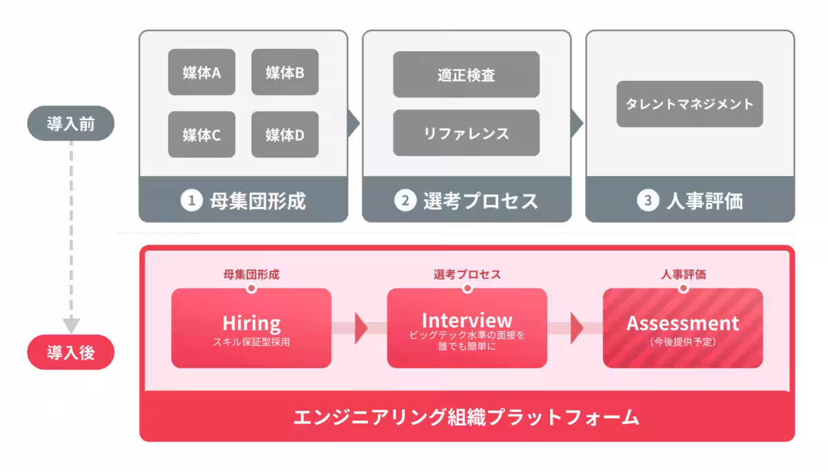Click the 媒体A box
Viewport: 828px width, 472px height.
tap(201, 72)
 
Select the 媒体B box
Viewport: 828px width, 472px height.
tap(285, 72)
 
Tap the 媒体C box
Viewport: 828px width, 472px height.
tap(201, 135)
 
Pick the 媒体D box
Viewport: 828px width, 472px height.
tap(285, 135)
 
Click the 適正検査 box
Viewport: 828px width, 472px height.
tap(466, 75)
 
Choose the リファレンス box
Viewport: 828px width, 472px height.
tap(466, 133)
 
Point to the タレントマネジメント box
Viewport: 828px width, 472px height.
tap(689, 104)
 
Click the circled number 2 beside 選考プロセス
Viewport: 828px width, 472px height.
tap(404, 201)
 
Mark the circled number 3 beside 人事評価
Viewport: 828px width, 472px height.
tap(647, 201)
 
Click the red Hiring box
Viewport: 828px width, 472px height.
tap(251, 328)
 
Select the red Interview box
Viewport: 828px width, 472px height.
tap(467, 328)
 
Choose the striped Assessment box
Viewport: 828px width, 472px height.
tap(682, 328)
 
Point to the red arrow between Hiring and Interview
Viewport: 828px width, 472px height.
tap(360, 328)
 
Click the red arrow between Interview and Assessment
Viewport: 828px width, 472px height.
tap(576, 328)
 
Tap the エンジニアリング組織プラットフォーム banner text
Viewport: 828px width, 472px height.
tap(466, 417)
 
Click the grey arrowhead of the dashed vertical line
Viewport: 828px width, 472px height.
tap(71, 325)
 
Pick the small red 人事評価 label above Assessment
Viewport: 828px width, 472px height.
tap(683, 275)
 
